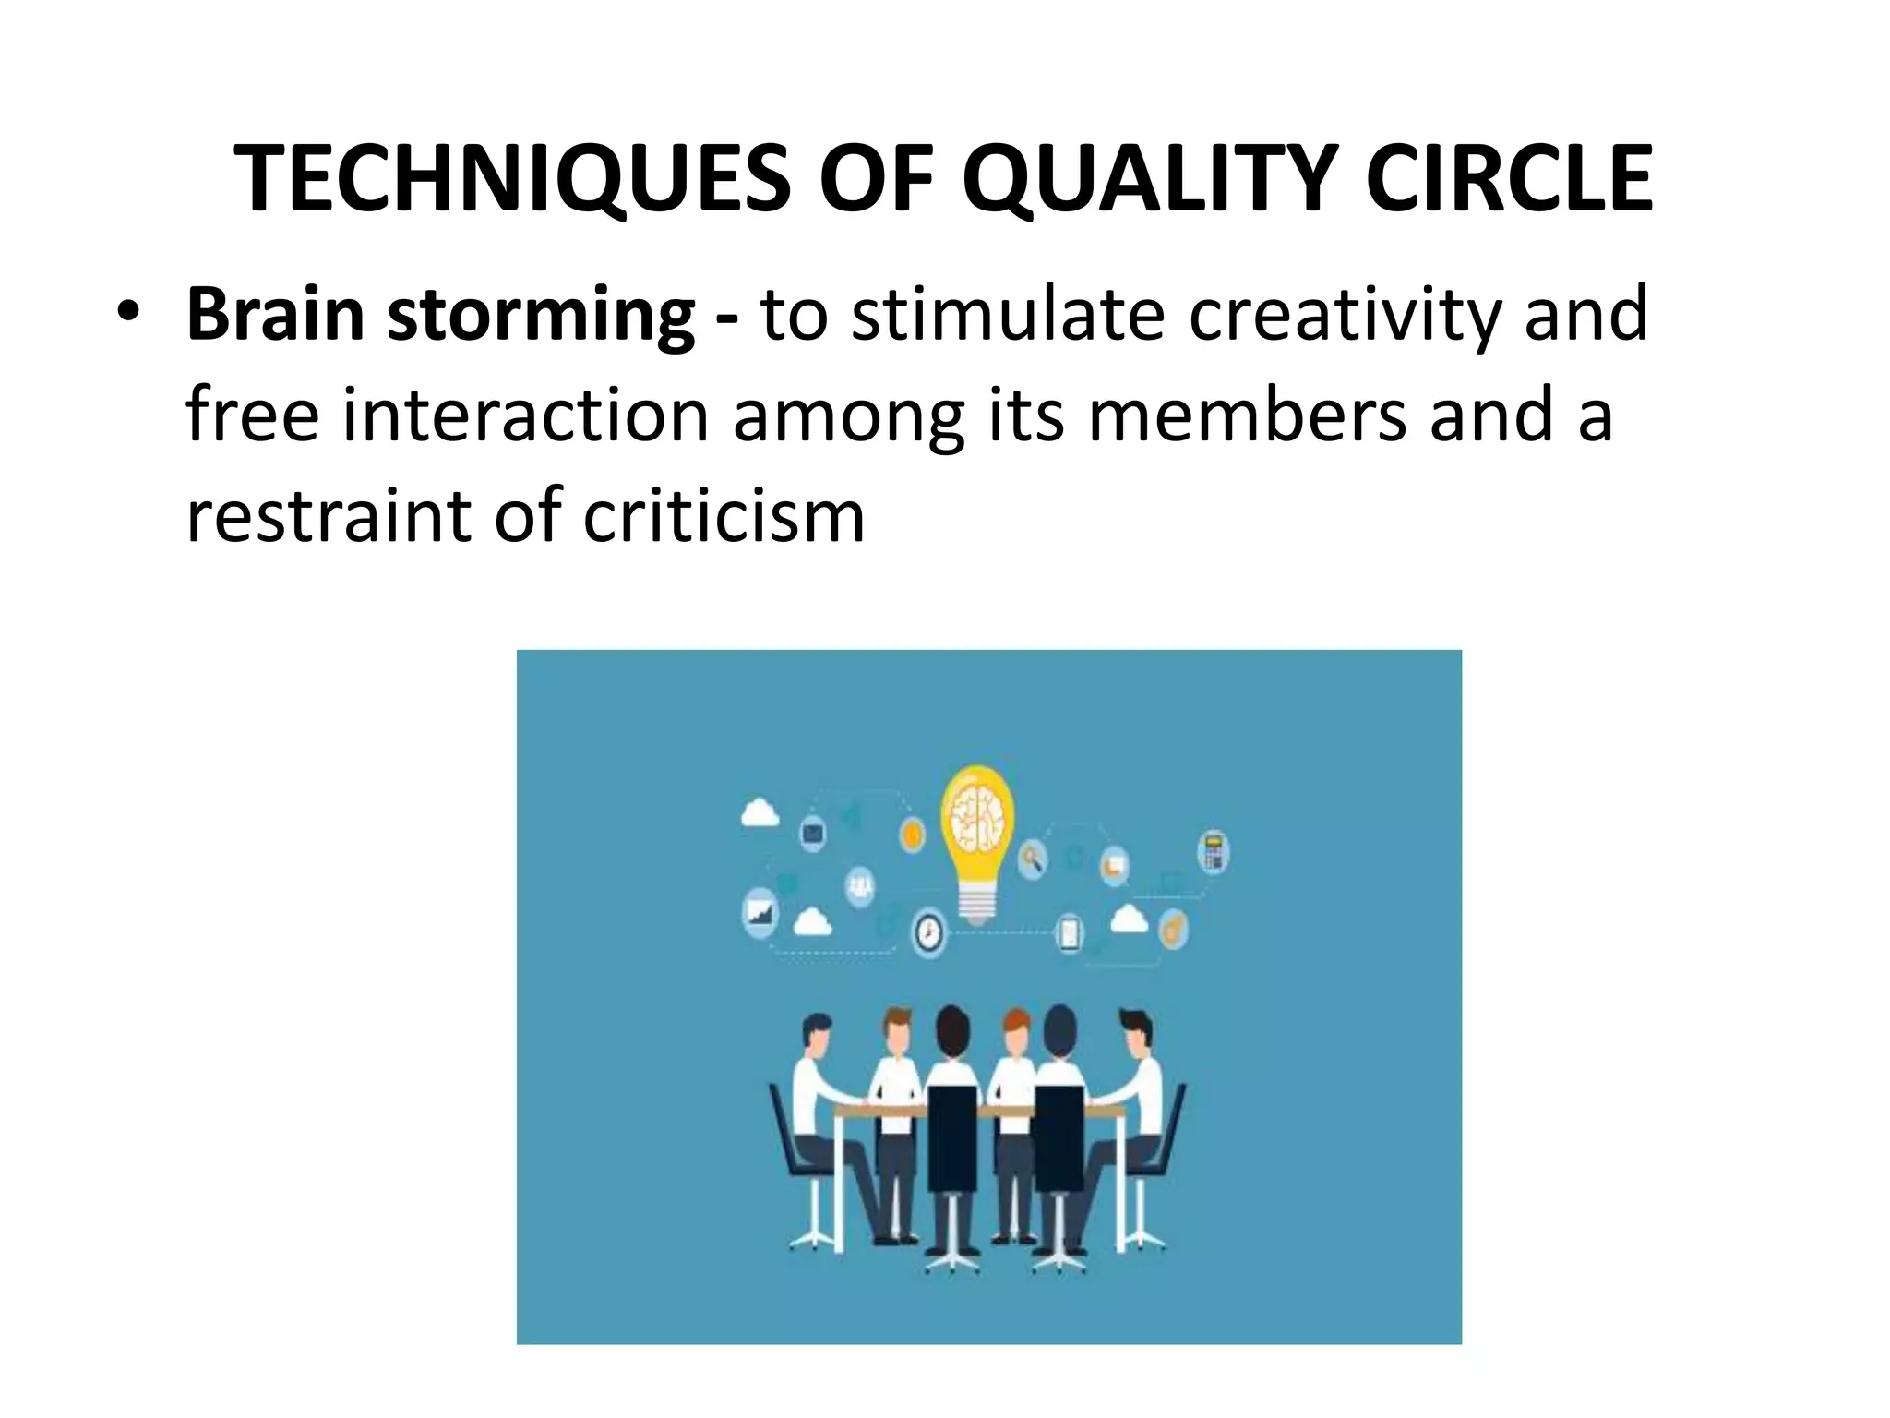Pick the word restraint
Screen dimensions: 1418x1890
tap(328, 516)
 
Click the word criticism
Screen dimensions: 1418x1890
tap(724, 516)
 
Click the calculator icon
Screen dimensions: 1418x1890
tap(1214, 851)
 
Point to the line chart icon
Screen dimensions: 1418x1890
tap(760, 912)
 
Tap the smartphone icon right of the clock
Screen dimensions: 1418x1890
tap(1069, 931)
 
